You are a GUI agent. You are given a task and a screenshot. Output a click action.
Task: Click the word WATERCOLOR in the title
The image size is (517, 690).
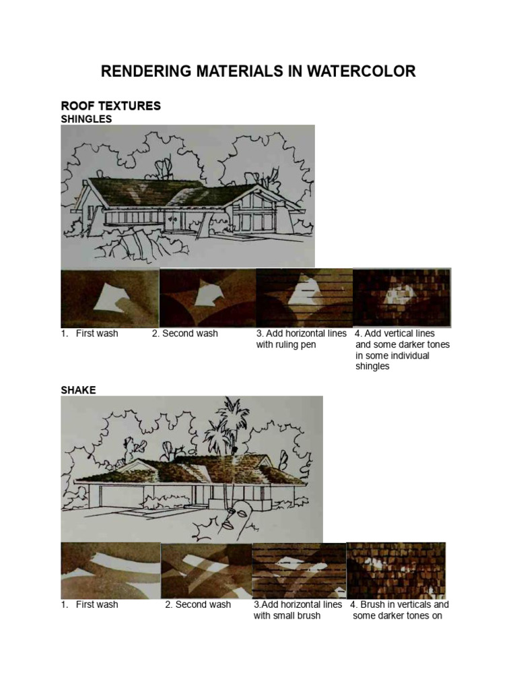(x=361, y=71)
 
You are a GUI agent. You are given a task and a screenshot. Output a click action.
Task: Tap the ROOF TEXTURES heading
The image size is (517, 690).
(x=110, y=106)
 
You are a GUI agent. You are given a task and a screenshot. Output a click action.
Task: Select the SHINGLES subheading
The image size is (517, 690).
(x=86, y=119)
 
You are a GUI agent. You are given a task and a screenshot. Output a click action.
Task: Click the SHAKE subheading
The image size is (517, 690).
(x=78, y=390)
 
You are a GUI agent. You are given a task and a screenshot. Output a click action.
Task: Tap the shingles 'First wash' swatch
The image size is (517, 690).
(x=109, y=299)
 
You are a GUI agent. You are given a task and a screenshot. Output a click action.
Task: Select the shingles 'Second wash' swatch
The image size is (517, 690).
(x=207, y=299)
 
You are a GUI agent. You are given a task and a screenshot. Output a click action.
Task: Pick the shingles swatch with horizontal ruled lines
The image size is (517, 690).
(x=304, y=299)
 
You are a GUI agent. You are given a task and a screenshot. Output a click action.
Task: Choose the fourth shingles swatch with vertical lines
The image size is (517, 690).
(x=402, y=299)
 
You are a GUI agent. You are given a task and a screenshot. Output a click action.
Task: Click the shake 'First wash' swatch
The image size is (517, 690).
(x=110, y=570)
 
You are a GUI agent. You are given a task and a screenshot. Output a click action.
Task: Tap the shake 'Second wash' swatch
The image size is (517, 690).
(x=206, y=570)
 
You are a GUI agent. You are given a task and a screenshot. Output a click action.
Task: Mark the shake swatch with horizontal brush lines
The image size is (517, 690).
(x=299, y=570)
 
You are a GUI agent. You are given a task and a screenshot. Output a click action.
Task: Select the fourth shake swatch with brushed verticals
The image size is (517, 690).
(x=396, y=570)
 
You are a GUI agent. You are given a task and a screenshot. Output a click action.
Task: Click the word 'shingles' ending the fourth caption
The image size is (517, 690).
(x=372, y=367)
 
